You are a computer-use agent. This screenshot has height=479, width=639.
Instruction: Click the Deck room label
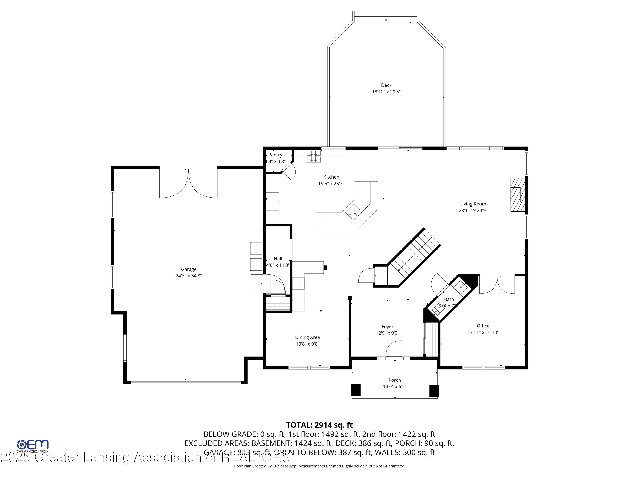pos(386,85)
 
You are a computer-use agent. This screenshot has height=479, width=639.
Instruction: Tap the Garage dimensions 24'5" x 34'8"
pos(189,276)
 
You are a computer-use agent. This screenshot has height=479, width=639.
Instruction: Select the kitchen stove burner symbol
pos(314,156)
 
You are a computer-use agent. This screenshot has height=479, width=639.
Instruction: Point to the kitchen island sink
pos(353,211)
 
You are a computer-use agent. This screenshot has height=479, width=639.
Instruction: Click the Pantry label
pos(275,155)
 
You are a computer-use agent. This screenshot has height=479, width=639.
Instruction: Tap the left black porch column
pos(356,390)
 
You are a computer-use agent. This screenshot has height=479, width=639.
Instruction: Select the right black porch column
pos(434,391)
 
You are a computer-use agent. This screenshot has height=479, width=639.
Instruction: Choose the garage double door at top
pos(188,183)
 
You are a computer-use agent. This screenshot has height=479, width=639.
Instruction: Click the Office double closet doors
pos(497,284)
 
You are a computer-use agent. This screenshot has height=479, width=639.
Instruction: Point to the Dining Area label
pos(307,337)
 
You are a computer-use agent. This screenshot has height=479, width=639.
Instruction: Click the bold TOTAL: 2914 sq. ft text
pos(319,425)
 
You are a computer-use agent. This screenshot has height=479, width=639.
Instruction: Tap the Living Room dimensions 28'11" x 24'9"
pos(473,211)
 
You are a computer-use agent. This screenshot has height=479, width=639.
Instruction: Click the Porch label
pos(395,380)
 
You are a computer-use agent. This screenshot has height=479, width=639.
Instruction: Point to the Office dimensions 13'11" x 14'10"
pos(483,332)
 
